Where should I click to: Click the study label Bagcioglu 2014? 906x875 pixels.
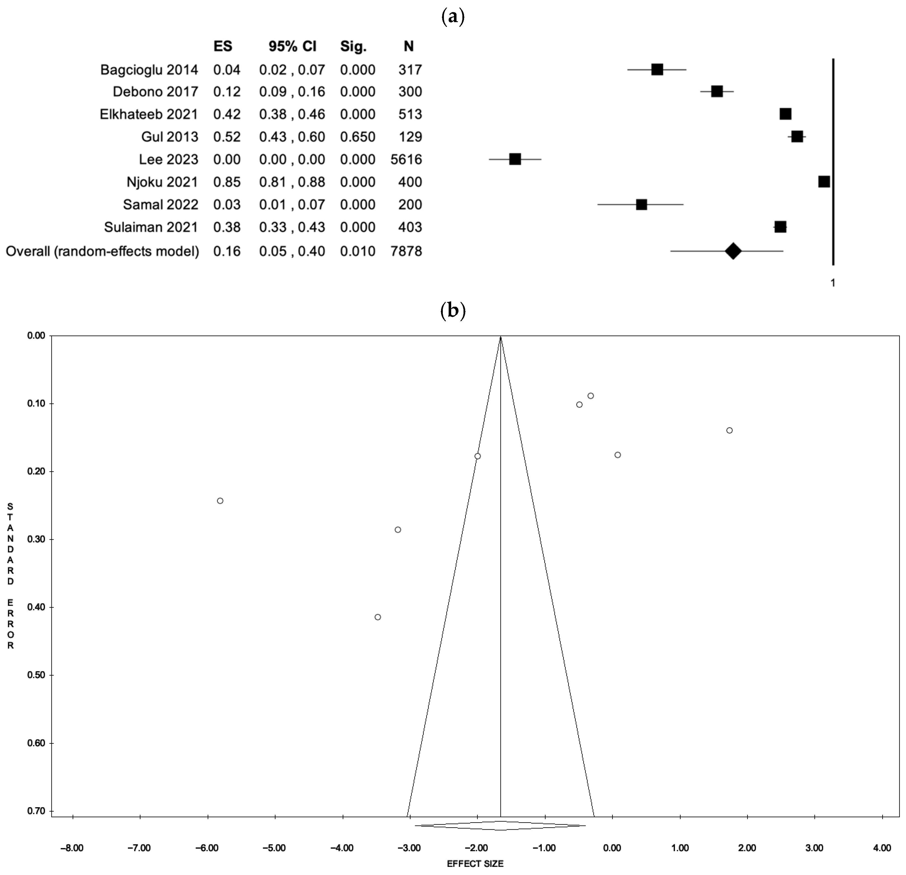[x=149, y=70]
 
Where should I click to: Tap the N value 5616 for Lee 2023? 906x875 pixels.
[x=406, y=160]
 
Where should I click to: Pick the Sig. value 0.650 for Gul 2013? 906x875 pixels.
[x=357, y=137]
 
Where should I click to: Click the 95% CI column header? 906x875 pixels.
[x=292, y=46]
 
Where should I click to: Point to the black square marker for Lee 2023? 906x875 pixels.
[x=515, y=160]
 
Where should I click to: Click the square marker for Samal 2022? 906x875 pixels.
[x=641, y=204]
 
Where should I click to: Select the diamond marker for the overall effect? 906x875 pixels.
[x=733, y=252]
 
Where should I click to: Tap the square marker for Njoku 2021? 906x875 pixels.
[x=824, y=182]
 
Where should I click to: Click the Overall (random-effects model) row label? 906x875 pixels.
[x=102, y=252]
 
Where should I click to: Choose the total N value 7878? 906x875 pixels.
[x=406, y=252]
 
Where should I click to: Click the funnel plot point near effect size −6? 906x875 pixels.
[x=220, y=501]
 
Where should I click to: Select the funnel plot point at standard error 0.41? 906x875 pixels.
[x=378, y=617]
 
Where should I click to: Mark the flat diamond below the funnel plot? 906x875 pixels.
[x=501, y=825]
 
